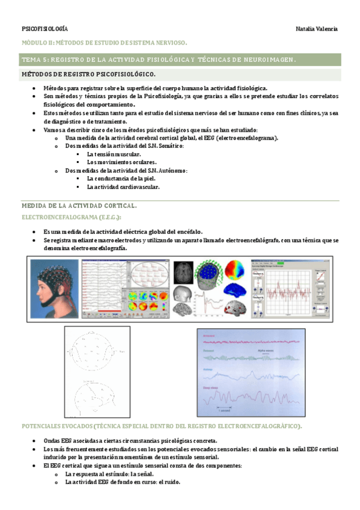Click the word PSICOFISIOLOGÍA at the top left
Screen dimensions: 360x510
(x=44, y=29)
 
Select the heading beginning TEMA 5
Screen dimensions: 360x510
(x=159, y=60)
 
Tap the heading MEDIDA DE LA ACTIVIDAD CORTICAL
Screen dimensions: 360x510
(x=79, y=206)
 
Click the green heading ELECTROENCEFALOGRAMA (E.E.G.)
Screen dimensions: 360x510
(x=72, y=217)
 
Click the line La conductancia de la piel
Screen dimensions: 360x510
(x=121, y=179)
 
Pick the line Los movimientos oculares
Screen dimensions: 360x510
(x=122, y=162)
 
